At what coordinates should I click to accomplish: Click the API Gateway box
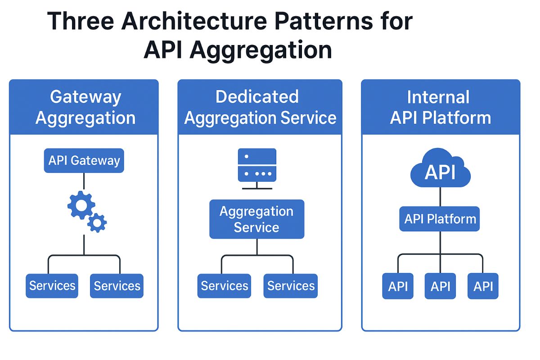pos(84,161)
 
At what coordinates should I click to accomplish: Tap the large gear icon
pos(81,206)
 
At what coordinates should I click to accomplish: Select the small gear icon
pos(97,222)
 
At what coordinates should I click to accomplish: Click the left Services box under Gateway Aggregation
pos(52,286)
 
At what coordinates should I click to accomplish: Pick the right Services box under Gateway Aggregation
pos(117,286)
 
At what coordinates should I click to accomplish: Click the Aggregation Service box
pos(256,219)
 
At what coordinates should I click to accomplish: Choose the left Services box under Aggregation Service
pos(224,286)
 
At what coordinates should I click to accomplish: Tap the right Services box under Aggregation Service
pos(291,286)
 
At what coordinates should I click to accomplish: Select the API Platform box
pos(440,219)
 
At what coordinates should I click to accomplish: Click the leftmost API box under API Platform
pos(398,286)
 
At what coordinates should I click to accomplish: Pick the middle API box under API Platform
pos(440,286)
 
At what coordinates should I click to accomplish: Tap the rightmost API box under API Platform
pos(483,286)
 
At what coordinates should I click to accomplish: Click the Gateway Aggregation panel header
pos(84,107)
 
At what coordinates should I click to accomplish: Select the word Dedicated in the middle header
pos(257,97)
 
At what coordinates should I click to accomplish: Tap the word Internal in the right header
pos(438,97)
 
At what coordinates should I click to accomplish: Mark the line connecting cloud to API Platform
pos(440,197)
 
